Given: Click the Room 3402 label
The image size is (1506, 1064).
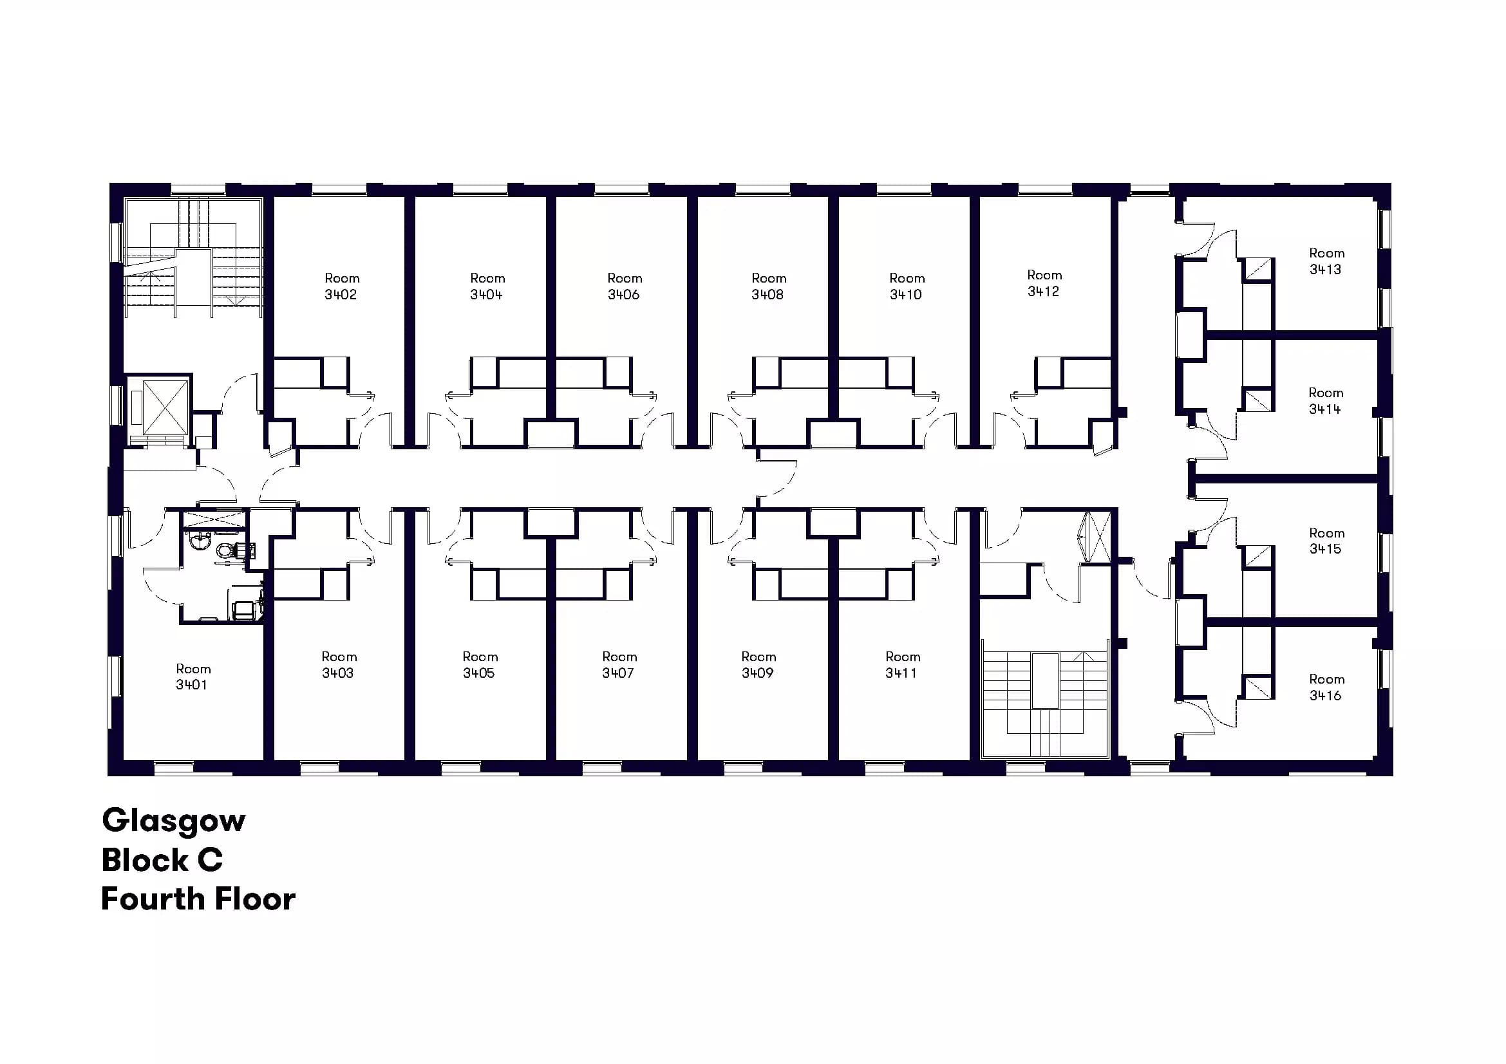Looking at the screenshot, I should pos(341,286).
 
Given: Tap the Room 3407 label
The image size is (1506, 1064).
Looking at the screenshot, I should pos(619,665).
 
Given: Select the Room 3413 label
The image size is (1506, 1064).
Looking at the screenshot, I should pos(1326,261).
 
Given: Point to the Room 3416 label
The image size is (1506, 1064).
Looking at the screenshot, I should pos(1326,687).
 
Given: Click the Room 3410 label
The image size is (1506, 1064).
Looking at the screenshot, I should pos(907,286).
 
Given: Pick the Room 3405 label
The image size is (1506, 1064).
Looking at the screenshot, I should pos(480,665).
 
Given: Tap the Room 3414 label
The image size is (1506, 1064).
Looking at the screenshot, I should pos(1326,400).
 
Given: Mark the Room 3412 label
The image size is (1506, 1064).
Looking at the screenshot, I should pos(1044,283).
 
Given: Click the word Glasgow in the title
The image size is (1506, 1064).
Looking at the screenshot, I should pos(174,821).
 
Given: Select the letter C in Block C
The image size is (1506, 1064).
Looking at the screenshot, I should pos(210,860).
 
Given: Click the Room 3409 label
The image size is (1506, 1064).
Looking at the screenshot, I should pos(758,665).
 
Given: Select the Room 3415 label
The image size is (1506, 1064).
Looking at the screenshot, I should pos(1326,541).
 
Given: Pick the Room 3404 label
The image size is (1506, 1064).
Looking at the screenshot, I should pos(487,286).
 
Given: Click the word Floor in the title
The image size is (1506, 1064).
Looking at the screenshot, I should pos(255,899).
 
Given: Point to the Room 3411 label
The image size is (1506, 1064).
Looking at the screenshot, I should pos(903,665).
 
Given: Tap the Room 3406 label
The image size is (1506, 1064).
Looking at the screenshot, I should pos(625,286).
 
